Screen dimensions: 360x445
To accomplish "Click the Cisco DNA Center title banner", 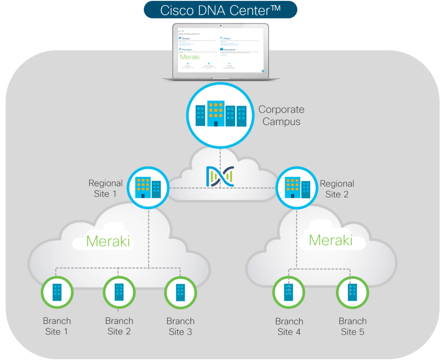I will click(220, 10).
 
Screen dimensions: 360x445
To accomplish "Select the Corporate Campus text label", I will click(281, 116).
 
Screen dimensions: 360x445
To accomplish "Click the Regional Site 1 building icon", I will click(148, 187).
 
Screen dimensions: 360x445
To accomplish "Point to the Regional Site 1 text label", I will click(105, 188).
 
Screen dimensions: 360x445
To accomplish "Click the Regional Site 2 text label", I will click(337, 189).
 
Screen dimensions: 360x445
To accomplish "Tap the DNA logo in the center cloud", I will click(220, 176).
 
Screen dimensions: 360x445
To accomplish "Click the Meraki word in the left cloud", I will click(108, 241).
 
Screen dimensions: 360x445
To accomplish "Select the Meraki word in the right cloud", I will click(331, 240).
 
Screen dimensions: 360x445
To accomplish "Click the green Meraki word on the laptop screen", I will click(189, 57).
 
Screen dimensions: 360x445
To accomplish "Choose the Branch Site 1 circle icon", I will click(57, 292).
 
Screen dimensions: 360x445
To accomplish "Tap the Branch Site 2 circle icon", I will click(119, 292).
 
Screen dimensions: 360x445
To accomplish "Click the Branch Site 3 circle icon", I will click(180, 292).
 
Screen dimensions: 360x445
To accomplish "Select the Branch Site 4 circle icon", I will click(289, 292).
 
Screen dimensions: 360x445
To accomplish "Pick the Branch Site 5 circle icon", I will click(352, 292).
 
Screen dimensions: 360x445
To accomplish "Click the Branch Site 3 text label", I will click(180, 327).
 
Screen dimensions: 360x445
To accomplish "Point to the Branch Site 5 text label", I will click(352, 327).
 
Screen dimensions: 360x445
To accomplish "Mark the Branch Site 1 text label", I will click(56, 327).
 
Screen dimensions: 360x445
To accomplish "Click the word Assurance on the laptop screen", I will click(229, 50).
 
